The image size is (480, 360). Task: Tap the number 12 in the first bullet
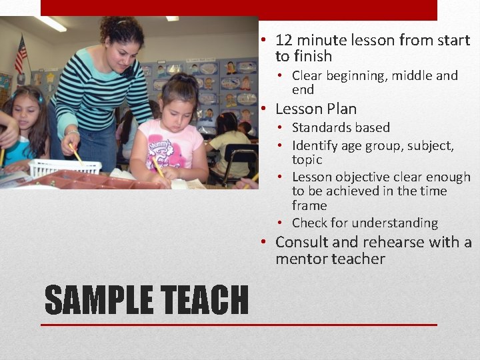coord(283,40)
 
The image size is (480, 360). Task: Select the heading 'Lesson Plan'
coord(316,109)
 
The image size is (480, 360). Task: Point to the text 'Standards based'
coord(341,127)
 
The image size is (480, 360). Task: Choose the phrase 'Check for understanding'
coord(365,223)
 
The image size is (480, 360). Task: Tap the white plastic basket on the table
coord(64,167)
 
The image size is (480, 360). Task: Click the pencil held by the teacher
coord(75,153)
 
